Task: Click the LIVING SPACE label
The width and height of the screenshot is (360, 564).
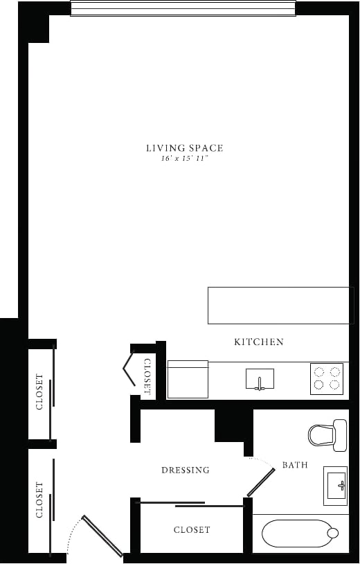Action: [x=184, y=148]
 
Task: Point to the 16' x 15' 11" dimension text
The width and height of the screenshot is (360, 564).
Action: [x=184, y=159]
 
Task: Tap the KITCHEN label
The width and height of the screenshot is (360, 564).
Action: [x=258, y=342]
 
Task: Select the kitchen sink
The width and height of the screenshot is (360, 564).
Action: [x=260, y=380]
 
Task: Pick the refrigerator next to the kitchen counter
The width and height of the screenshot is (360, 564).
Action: [x=188, y=379]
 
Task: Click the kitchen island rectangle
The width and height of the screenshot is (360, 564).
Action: [x=280, y=305]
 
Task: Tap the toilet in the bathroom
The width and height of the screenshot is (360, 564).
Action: [x=327, y=434]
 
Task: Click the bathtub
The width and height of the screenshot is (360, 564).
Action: [x=298, y=534]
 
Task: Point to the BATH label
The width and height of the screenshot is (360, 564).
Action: [x=294, y=465]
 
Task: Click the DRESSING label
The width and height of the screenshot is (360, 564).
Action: [x=185, y=470]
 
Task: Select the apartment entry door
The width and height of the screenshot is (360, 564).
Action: [x=102, y=536]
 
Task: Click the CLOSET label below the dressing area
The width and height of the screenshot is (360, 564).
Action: [x=192, y=529]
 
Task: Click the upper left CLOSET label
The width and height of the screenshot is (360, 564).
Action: [x=39, y=392]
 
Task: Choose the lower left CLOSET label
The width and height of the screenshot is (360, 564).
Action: [x=39, y=500]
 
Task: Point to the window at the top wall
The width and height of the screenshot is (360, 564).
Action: [x=183, y=8]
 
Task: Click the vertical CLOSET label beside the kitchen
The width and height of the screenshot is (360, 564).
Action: [x=147, y=376]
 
